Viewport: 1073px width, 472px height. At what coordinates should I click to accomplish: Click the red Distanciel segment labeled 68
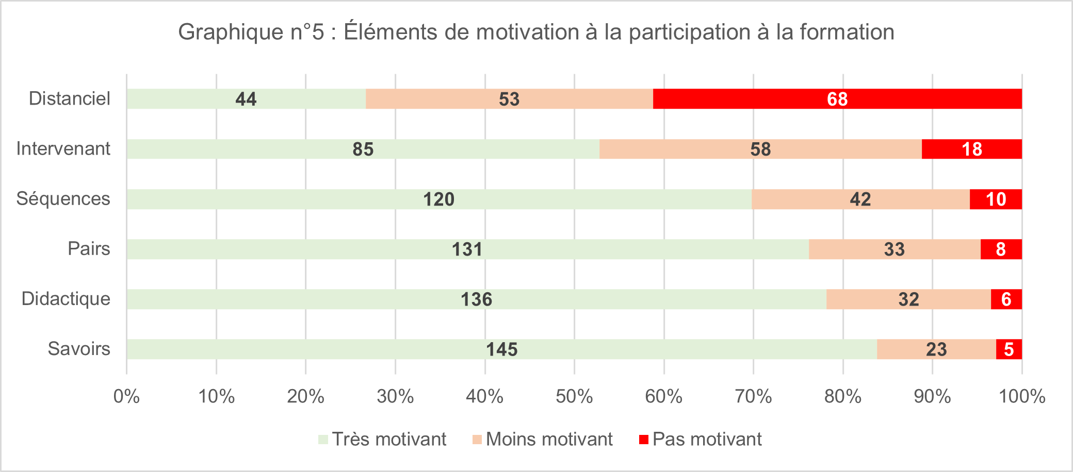click(x=837, y=99)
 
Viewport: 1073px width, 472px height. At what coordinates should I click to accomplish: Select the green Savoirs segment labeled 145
click(x=501, y=349)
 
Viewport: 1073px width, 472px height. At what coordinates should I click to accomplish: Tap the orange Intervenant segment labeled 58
click(x=760, y=149)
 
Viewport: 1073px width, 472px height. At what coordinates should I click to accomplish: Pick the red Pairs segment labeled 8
click(x=1001, y=249)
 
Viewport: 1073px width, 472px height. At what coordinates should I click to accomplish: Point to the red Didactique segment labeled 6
click(x=1006, y=299)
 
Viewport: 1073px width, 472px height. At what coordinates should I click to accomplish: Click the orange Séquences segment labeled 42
click(x=860, y=199)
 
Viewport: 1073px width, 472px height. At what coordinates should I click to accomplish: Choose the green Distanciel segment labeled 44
click(x=246, y=99)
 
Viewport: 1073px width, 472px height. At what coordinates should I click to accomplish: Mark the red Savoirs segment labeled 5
click(x=1009, y=349)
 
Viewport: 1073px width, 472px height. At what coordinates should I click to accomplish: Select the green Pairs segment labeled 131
click(x=467, y=249)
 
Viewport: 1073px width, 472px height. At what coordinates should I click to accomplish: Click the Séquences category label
click(x=63, y=199)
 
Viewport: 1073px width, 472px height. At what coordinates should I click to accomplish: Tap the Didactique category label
click(x=66, y=299)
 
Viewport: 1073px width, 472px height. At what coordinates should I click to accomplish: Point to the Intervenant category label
click(x=63, y=149)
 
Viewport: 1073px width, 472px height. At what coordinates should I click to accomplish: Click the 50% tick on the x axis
click(x=574, y=397)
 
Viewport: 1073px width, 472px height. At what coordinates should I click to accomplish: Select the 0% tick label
click(x=126, y=397)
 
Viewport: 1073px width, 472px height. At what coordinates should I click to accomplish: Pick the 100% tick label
click(x=1022, y=397)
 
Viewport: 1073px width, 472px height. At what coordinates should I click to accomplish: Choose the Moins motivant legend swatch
click(x=477, y=440)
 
